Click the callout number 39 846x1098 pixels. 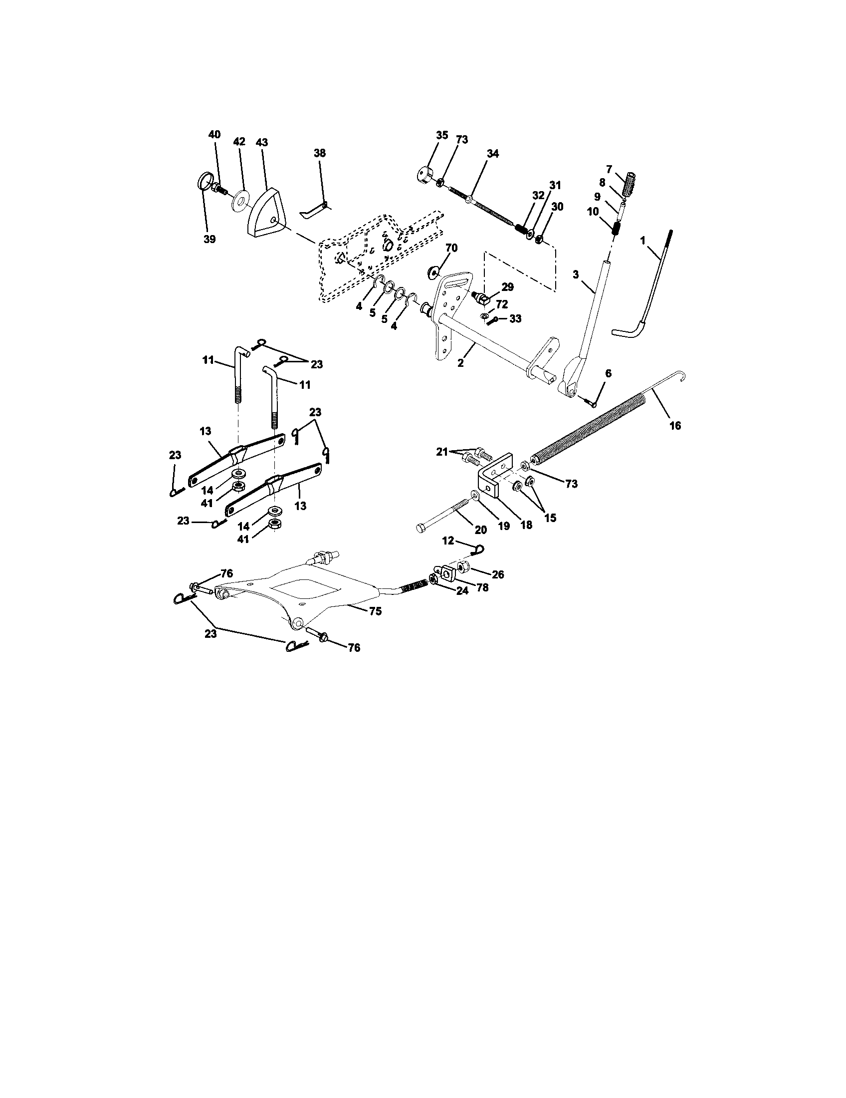[210, 239]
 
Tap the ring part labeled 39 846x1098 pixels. [203, 180]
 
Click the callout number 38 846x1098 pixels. [320, 153]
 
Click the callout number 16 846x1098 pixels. [675, 426]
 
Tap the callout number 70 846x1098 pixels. [451, 248]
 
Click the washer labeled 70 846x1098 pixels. [433, 272]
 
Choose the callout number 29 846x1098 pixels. [507, 287]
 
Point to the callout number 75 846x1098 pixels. [375, 611]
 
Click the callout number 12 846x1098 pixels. [448, 541]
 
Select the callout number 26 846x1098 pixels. [497, 574]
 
